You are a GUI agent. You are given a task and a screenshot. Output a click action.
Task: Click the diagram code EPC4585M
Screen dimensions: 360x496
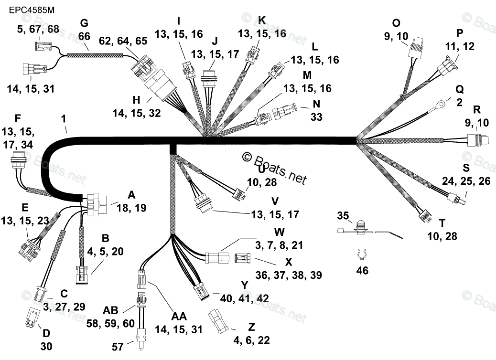[29, 9]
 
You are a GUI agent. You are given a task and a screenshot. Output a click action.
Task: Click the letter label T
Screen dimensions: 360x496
[442, 222]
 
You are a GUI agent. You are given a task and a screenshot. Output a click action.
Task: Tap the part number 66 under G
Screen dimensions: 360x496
[84, 36]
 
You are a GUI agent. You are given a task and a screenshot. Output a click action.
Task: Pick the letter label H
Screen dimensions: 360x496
[137, 100]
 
